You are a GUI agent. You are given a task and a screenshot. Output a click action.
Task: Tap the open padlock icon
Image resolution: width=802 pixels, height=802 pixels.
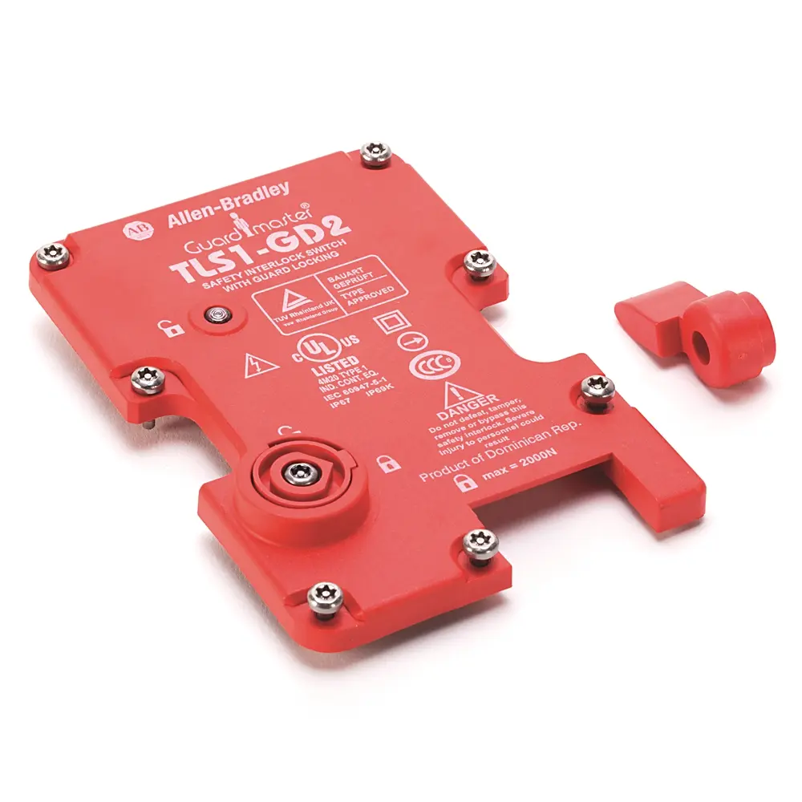click(x=168, y=327)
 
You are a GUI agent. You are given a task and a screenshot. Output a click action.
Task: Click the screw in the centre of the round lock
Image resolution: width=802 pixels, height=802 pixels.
click(x=301, y=472)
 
